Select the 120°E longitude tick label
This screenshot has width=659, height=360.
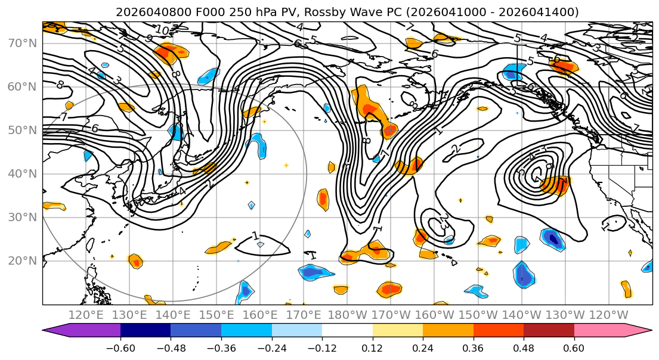coord(86,315)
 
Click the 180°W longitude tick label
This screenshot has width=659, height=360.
coord(347,315)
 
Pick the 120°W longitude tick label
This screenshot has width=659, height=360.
coord(608,315)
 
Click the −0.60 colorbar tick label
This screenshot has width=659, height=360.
coord(120,348)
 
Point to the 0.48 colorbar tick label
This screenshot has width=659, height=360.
coord(524,348)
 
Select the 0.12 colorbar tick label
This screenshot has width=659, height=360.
coord(372,348)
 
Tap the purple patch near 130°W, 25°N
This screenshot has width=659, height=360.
coord(554,239)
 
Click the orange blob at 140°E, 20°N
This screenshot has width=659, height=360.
coord(136,261)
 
